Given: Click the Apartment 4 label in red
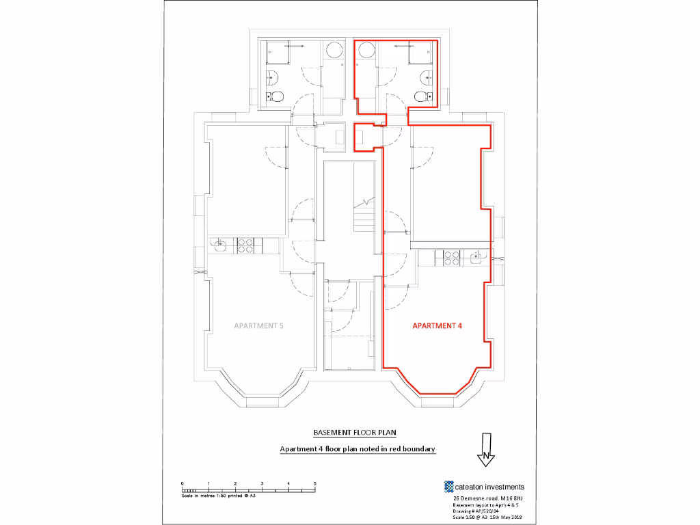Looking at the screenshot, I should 437,326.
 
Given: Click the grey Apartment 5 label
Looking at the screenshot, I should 258,326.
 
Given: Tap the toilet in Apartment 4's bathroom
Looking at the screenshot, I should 421,97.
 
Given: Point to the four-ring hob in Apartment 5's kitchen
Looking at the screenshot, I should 245,245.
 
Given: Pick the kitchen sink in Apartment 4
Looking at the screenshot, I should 476,257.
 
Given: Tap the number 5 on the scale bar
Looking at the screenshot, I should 314,483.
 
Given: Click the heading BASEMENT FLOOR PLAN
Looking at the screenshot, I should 354,433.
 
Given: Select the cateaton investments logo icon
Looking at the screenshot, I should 449,487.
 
